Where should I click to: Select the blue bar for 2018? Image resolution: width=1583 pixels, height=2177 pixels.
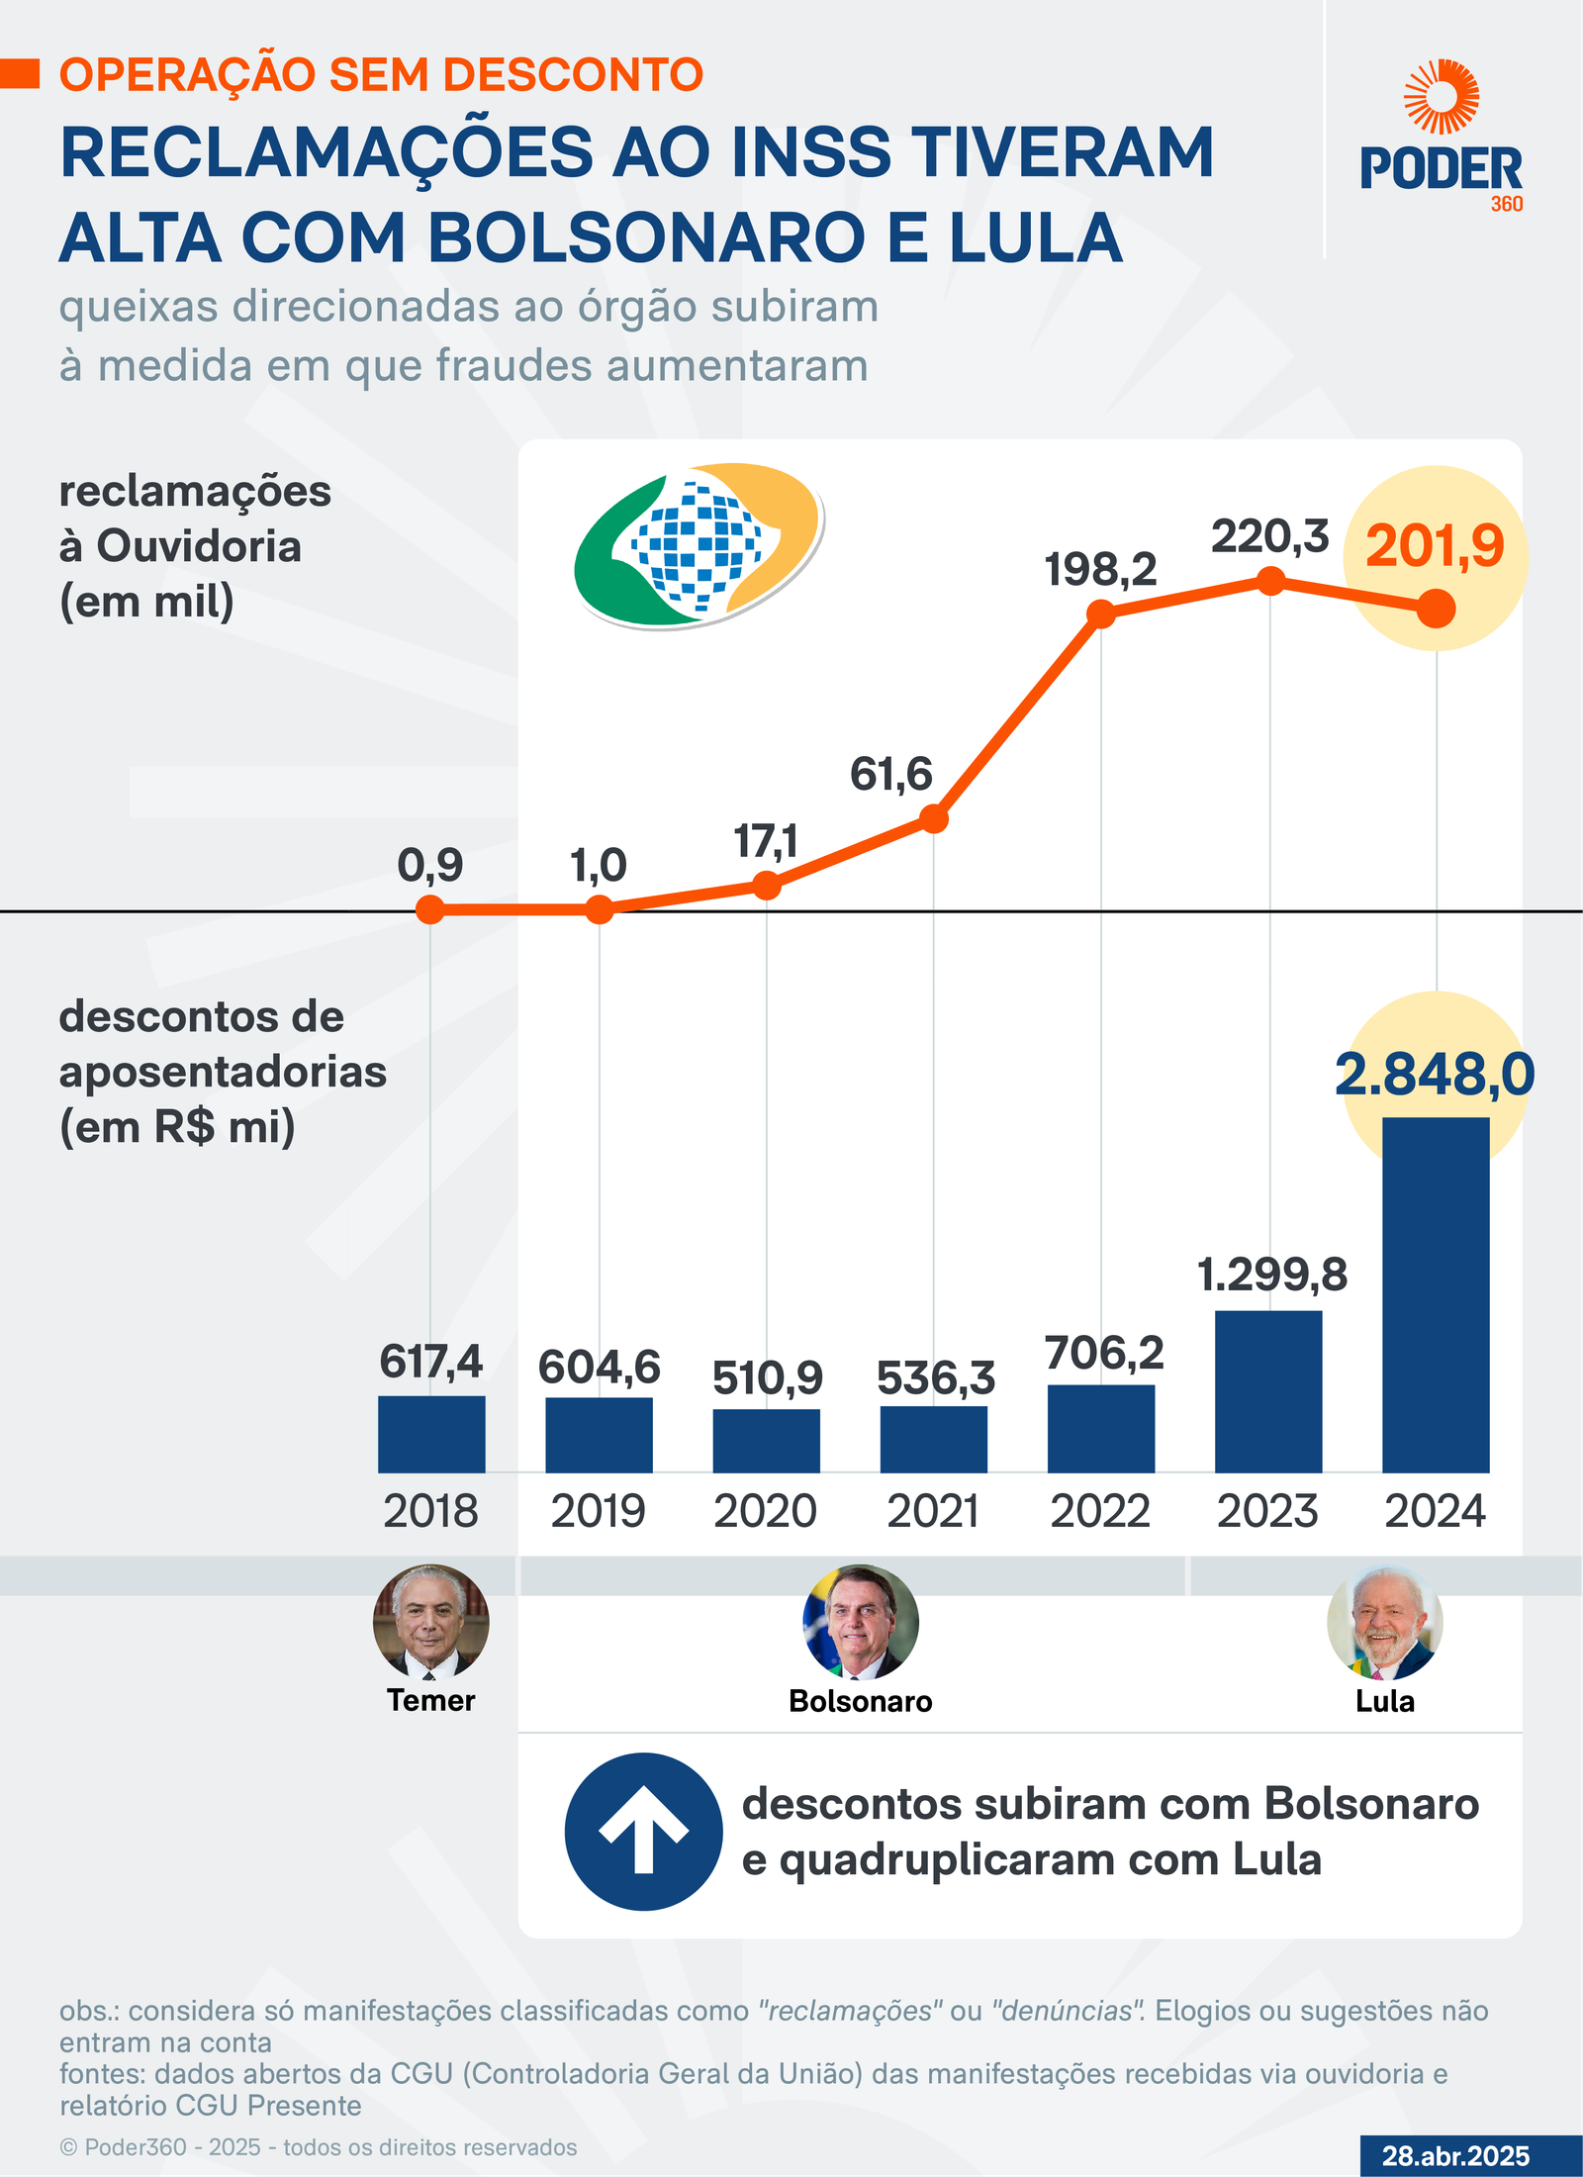[x=431, y=1434]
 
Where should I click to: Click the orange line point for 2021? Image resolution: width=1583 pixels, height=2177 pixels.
[x=934, y=819]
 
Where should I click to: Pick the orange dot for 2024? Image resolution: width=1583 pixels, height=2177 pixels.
[x=1436, y=609]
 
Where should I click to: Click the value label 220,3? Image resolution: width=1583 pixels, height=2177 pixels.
[x=1270, y=537]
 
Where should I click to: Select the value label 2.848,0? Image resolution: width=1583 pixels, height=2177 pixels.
[x=1435, y=1075]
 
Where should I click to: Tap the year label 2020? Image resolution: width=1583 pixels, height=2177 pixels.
[x=766, y=1512]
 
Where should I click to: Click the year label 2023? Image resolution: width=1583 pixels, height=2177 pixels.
[x=1268, y=1512]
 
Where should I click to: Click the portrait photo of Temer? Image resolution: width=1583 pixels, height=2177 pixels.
[x=431, y=1622]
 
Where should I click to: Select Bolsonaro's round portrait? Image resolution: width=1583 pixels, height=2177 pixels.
[x=861, y=1622]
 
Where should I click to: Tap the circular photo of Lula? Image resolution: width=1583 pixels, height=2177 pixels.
[x=1384, y=1623]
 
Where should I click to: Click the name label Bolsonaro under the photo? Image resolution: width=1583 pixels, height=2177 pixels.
[x=861, y=1701]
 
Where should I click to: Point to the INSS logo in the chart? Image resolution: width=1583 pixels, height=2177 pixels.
[x=698, y=544]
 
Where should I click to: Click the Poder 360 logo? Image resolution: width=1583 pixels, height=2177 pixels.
[x=1442, y=139]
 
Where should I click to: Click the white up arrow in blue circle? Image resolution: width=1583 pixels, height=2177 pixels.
[x=644, y=1831]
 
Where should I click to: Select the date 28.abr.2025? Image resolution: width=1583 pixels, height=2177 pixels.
[x=1455, y=2155]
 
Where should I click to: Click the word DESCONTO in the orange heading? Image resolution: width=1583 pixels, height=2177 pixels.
[x=573, y=75]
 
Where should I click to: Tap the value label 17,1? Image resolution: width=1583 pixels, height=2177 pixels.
[x=766, y=842]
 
